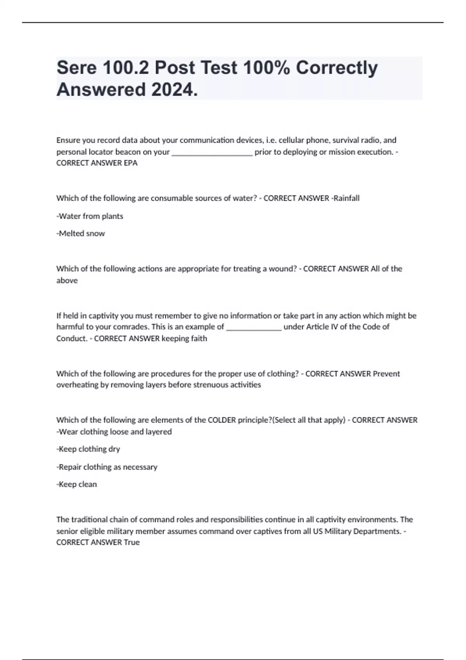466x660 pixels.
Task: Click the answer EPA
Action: click(x=130, y=163)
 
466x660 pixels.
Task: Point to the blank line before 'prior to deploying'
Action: click(x=212, y=152)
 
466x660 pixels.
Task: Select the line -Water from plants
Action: click(x=90, y=216)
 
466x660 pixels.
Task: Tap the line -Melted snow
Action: click(x=81, y=233)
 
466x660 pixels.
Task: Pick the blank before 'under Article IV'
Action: click(x=254, y=327)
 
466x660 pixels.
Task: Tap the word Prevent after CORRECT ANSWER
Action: click(x=386, y=373)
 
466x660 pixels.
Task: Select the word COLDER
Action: click(x=222, y=420)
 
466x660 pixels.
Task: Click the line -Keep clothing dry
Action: click(x=88, y=449)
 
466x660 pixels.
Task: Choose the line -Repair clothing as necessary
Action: click(x=107, y=467)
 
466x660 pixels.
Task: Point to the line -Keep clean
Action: click(x=77, y=484)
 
